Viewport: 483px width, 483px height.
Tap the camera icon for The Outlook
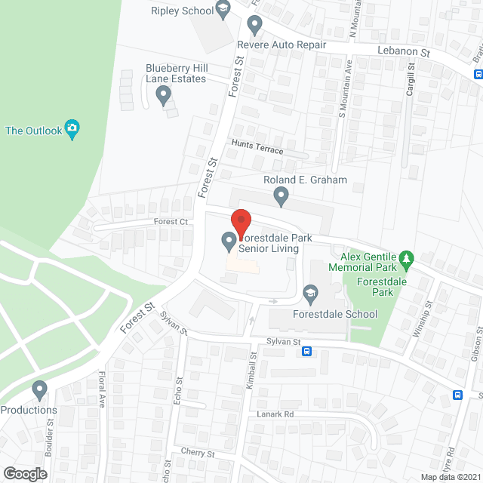tap(72, 129)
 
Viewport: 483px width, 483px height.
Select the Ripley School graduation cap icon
tap(223, 9)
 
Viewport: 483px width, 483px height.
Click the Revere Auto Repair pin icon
tap(255, 27)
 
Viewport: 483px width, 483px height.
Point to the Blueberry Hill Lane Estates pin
tap(162, 96)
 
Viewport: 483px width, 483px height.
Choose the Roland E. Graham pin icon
tap(281, 197)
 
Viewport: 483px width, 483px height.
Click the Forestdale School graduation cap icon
tap(309, 292)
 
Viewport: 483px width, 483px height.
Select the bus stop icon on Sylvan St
tap(308, 351)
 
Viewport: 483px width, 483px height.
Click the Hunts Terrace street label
tap(257, 150)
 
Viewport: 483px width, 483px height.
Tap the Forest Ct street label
tap(171, 221)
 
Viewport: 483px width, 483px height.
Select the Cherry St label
tap(198, 454)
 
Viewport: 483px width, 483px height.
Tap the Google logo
tap(24, 473)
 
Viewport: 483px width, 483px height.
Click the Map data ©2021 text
tap(451, 477)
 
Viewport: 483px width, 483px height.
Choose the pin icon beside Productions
tap(40, 390)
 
